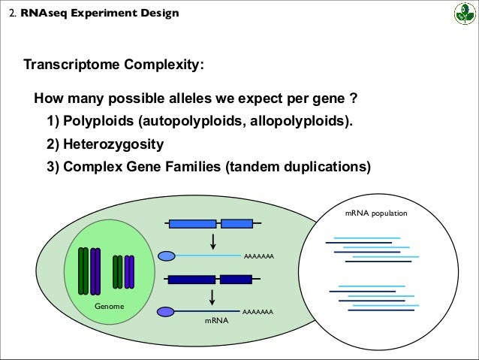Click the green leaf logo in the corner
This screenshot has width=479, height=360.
pos(462,14)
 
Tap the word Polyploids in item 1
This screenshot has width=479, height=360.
pos(97,121)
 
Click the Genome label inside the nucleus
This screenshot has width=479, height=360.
pos(109,307)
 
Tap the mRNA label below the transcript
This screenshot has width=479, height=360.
pos(215,320)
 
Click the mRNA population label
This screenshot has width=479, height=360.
pos(376,213)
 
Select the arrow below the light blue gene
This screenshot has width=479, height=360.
pos(214,241)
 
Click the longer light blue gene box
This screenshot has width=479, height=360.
pos(193,223)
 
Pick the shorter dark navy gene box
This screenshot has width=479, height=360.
pos(236,279)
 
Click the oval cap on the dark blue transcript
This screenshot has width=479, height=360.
pos(166,311)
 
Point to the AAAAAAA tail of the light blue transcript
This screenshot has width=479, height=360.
pos(258,257)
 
